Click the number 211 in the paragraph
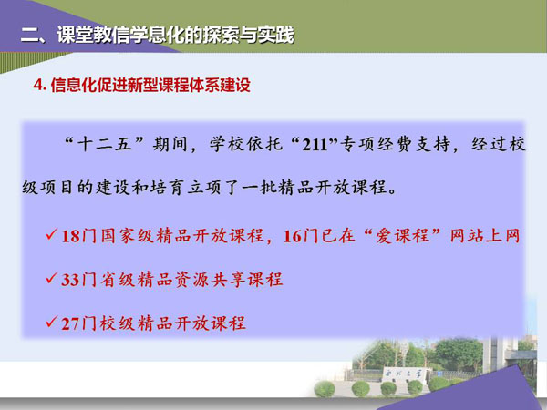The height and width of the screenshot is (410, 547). [315, 145]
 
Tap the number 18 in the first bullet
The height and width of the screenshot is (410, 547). [70, 237]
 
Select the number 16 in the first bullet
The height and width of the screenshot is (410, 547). [293, 237]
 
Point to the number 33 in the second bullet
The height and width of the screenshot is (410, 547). [70, 280]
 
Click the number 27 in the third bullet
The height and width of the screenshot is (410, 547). [70, 323]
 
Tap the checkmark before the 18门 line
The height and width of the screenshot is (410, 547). [51, 234]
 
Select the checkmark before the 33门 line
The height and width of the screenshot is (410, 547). [51, 278]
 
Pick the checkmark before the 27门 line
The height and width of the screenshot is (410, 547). [51, 322]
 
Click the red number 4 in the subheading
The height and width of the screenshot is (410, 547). [38, 85]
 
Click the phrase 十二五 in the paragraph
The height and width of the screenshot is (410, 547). [104, 144]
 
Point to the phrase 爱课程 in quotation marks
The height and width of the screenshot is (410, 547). [402, 236]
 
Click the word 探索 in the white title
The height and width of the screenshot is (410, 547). [221, 36]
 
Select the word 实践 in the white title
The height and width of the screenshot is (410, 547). [275, 36]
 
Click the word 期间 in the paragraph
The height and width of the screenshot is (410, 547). [170, 144]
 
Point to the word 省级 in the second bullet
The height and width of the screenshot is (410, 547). [118, 280]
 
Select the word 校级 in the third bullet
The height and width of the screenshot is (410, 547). [118, 323]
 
